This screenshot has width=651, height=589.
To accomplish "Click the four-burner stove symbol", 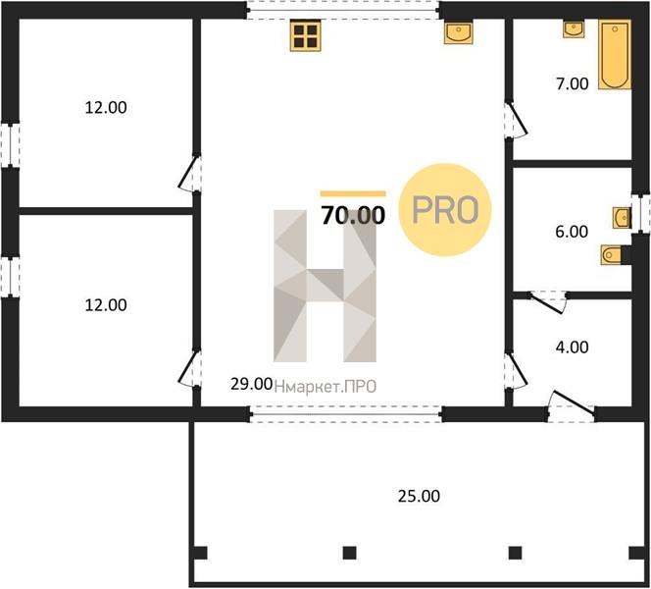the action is pyautogui.click(x=306, y=35).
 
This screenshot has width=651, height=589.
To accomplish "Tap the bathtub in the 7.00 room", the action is pyautogui.click(x=615, y=55).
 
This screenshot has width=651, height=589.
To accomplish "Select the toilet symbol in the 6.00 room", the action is pyautogui.click(x=611, y=254).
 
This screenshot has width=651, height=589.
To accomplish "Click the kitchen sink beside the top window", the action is pyautogui.click(x=459, y=32).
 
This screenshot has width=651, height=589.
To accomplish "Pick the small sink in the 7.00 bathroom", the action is pyautogui.click(x=574, y=29).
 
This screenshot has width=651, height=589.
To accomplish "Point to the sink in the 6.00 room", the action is pyautogui.click(x=622, y=218).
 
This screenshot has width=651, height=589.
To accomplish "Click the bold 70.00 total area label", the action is pyautogui.click(x=353, y=215).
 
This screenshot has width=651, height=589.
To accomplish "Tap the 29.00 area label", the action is pyautogui.click(x=252, y=384).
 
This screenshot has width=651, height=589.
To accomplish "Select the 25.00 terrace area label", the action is pyautogui.click(x=419, y=496).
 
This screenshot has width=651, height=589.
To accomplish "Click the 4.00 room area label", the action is pyautogui.click(x=573, y=348).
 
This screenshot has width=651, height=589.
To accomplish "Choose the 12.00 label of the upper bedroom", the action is pyautogui.click(x=106, y=108).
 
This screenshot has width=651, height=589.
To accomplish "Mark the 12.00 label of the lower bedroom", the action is pyautogui.click(x=106, y=305).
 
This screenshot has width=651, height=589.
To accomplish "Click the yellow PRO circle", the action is pyautogui.click(x=445, y=210).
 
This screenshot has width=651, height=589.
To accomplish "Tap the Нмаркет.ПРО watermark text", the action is pyautogui.click(x=325, y=387).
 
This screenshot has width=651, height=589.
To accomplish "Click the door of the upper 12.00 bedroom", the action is pyautogui.click(x=190, y=174).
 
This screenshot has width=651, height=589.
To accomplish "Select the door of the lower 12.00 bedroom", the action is pyautogui.click(x=190, y=369).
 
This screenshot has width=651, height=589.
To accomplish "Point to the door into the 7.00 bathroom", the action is pyautogui.click(x=516, y=120).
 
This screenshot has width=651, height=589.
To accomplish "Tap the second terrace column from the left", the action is pyautogui.click(x=350, y=553).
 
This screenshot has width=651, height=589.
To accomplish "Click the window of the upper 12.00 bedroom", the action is pyautogui.click(x=10, y=145).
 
